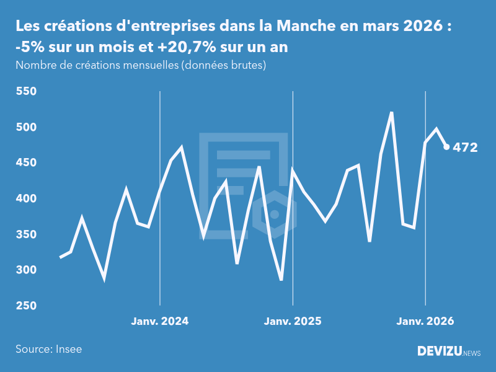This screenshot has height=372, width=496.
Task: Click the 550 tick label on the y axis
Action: (x=26, y=92)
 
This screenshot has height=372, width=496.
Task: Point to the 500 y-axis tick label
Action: (x=26, y=127)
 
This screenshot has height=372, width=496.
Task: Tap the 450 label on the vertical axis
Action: (x=26, y=163)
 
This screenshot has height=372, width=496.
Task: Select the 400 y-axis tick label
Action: (x=26, y=198)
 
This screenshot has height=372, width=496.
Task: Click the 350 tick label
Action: (x=26, y=234)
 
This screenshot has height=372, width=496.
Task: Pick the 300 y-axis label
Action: (x=26, y=270)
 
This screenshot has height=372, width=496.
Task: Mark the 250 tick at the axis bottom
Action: (x=26, y=306)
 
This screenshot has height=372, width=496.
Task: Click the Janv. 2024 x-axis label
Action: (x=160, y=321)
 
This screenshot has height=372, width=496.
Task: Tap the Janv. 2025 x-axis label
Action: (x=293, y=321)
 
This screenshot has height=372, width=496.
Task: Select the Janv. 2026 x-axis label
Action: (x=425, y=321)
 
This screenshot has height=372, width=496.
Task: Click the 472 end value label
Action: (x=465, y=148)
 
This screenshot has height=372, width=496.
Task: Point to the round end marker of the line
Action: (x=446, y=147)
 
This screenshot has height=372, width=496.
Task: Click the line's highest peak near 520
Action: (x=392, y=113)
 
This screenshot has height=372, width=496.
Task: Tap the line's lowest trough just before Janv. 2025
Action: (x=281, y=280)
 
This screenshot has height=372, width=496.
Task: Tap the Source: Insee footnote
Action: (x=48, y=349)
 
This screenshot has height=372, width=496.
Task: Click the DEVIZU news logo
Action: (x=448, y=352)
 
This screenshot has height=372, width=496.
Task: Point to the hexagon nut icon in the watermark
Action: (x=275, y=215)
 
